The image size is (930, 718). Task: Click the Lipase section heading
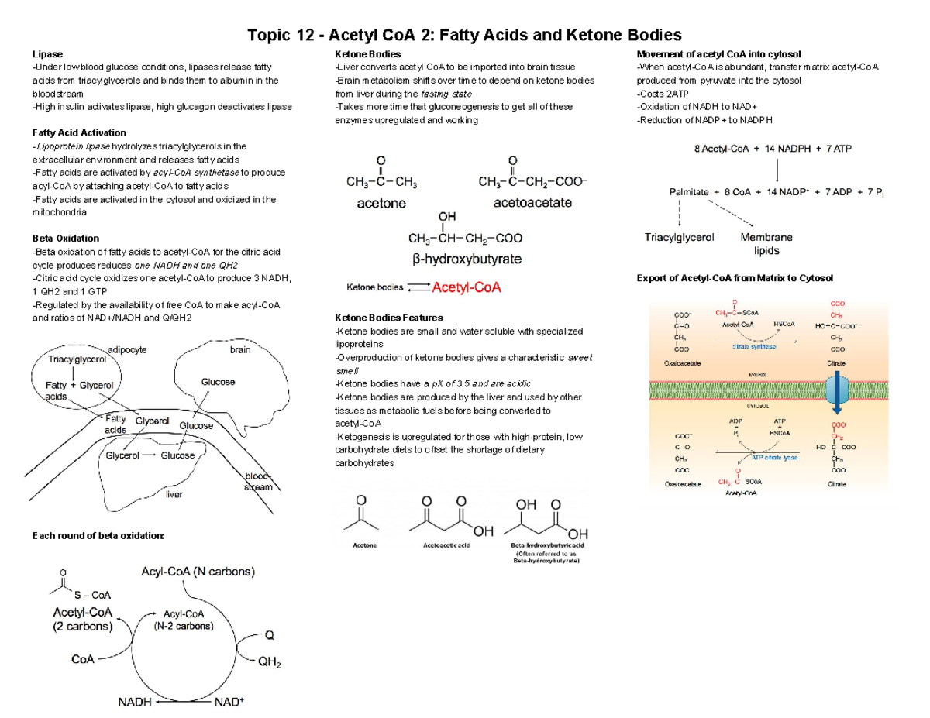click(x=43, y=54)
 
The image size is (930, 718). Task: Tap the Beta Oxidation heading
click(x=65, y=238)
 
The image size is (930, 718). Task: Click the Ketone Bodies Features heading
click(x=388, y=318)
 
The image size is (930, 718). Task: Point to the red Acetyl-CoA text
click(x=467, y=288)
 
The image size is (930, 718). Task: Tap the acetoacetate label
click(x=532, y=203)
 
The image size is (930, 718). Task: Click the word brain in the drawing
click(x=240, y=350)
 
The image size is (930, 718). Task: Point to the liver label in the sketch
click(x=174, y=494)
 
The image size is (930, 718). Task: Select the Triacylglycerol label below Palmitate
click(x=680, y=238)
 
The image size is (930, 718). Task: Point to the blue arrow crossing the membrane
click(x=839, y=390)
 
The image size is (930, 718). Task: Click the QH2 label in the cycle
click(x=269, y=664)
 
